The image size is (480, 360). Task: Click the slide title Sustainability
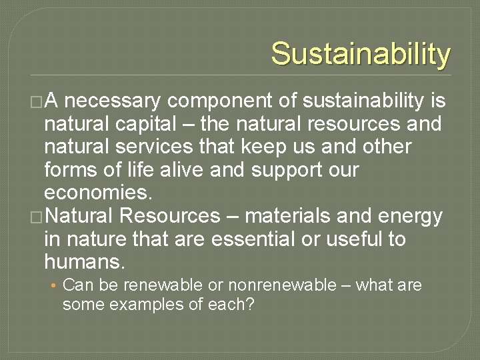(x=361, y=53)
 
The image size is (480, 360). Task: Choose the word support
(x=289, y=169)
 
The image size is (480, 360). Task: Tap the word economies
(x=97, y=193)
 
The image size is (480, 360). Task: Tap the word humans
(x=83, y=261)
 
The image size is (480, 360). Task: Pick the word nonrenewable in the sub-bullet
(x=282, y=285)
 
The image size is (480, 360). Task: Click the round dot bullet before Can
(x=53, y=286)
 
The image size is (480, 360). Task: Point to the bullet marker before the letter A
(x=37, y=102)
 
